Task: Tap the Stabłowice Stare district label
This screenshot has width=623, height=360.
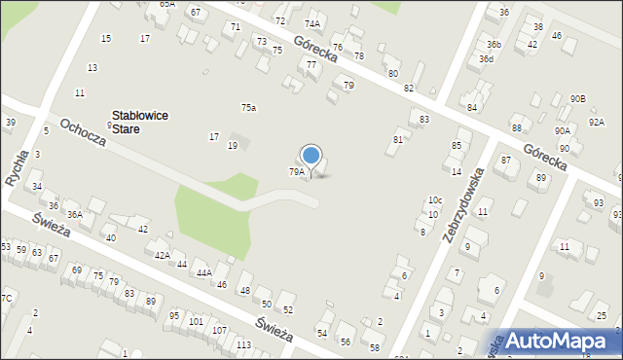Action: [140, 122]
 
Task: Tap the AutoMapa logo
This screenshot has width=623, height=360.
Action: [563, 340]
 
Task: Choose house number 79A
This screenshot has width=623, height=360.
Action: [296, 171]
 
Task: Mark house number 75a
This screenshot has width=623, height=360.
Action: [249, 107]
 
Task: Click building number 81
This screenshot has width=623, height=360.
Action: [398, 140]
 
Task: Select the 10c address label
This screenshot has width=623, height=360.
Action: [435, 200]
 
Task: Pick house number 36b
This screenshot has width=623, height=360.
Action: [495, 44]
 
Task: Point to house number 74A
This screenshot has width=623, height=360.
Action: [311, 23]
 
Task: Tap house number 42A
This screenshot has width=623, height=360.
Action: [163, 255]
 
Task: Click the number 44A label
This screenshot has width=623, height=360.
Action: [203, 273]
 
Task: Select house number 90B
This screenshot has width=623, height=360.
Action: [578, 99]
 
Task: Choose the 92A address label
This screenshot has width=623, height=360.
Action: [597, 122]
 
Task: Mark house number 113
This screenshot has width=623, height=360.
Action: [243, 345]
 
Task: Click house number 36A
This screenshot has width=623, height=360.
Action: [74, 214]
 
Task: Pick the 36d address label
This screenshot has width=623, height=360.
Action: [487, 58]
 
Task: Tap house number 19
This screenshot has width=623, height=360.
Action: [233, 145]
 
